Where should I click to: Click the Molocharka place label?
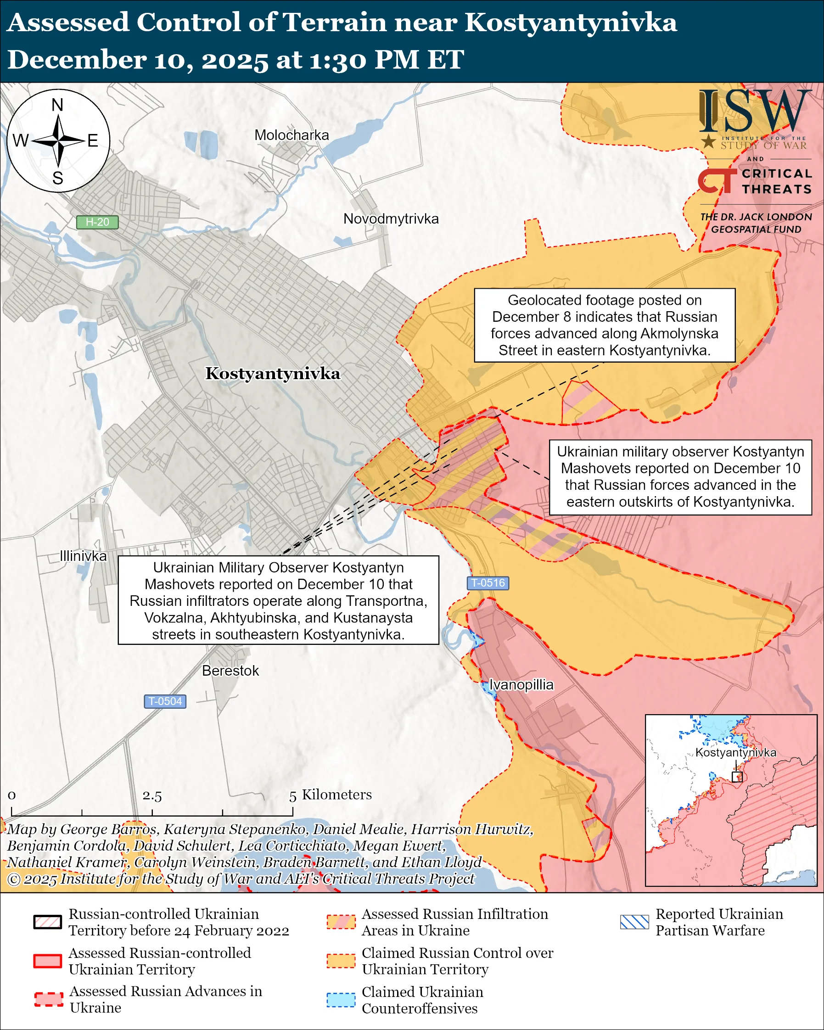click(291, 135)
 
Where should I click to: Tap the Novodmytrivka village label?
click(391, 219)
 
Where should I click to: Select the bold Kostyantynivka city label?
click(273, 374)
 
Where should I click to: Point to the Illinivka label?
click(83, 556)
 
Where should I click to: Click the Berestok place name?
click(230, 671)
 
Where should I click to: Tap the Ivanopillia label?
click(521, 684)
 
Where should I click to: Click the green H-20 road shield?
click(97, 222)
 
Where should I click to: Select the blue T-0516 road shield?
click(488, 583)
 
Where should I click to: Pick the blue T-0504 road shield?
click(165, 701)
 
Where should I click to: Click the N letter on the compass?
click(57, 105)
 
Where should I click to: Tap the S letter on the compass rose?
click(58, 178)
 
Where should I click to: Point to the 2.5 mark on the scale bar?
click(152, 796)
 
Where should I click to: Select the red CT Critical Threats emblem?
click(717, 180)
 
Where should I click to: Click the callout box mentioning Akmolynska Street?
click(604, 325)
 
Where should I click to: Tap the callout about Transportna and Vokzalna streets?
click(278, 600)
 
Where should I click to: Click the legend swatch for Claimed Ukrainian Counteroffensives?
click(341, 1000)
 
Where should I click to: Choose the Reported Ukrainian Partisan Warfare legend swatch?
click(634, 922)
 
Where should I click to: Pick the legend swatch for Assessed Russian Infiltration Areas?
click(341, 922)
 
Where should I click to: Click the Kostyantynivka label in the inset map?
click(735, 752)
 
